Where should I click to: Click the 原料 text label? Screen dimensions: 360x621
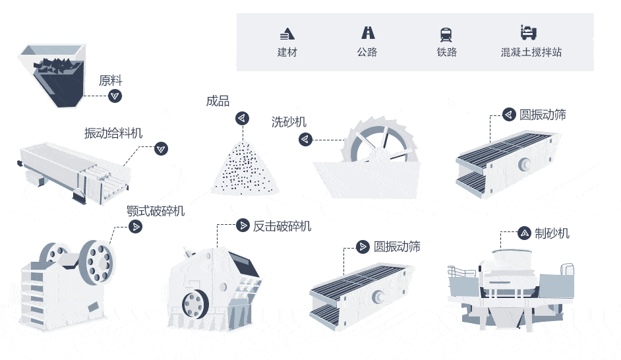[110, 81]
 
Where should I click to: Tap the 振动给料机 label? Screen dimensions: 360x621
[113, 133]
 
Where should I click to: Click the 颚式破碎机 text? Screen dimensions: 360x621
[156, 211]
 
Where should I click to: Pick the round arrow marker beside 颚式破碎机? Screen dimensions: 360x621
[135, 226]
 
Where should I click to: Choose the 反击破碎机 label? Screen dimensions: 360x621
[282, 226]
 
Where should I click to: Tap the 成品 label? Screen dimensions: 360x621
[218, 101]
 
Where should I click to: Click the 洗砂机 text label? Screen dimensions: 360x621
[289, 122]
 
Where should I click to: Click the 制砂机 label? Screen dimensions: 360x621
[552, 233]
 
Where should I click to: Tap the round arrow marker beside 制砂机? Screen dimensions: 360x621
[524, 233]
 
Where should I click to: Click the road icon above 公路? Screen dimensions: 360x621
[367, 32]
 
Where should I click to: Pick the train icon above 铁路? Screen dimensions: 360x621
[446, 34]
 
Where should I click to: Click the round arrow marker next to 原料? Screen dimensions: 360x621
[115, 96]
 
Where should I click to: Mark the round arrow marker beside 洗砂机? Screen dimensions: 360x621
[305, 139]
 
